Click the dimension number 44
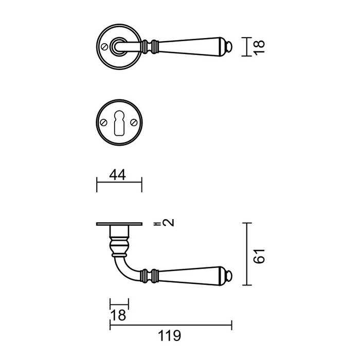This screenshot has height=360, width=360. coord(119,175)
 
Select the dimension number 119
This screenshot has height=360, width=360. coord(170,336)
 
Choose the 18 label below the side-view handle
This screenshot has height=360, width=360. coord(119,315)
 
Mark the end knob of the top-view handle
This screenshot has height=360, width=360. coord(229,48)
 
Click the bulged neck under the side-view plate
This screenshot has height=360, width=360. coord(119,244)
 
